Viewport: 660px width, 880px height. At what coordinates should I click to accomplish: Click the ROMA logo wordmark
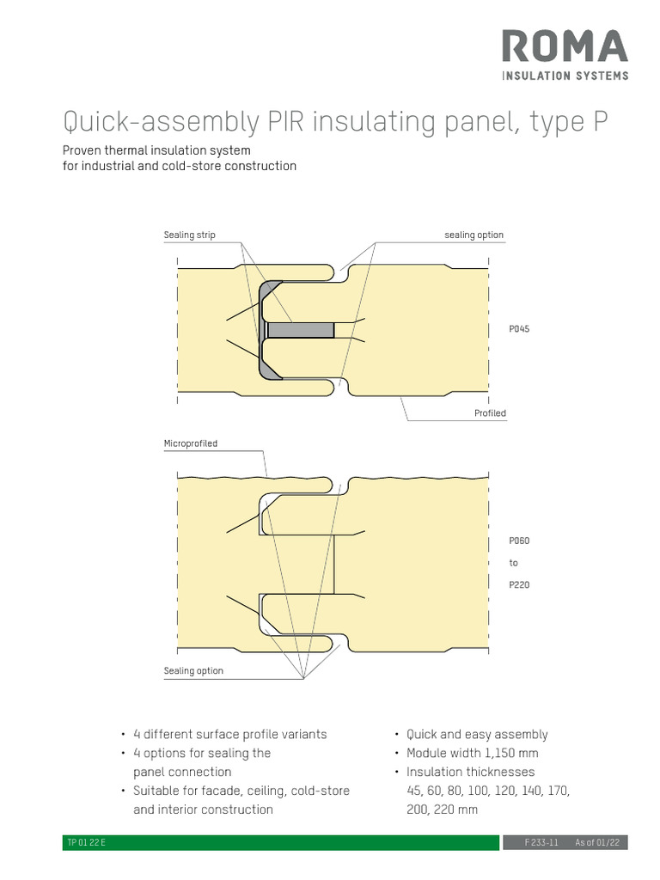point(564,47)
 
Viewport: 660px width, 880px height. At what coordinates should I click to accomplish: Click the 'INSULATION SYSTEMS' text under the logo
point(564,76)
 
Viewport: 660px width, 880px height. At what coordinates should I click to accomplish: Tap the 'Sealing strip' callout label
point(189,235)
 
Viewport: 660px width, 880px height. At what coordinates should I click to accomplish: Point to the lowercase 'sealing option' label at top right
point(474,235)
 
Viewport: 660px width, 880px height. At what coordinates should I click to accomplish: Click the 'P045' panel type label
point(519,329)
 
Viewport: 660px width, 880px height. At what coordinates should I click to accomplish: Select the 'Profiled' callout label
point(490,413)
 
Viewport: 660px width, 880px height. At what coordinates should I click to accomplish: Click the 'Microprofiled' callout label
point(191,443)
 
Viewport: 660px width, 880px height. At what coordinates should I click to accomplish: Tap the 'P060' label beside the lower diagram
point(519,541)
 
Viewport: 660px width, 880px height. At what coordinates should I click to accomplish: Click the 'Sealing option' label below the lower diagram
point(193,670)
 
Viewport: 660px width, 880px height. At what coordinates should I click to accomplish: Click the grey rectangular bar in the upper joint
point(301,330)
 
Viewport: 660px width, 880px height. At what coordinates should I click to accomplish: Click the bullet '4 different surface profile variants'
point(229,734)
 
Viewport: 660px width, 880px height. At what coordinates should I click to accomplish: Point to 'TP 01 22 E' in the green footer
point(85,843)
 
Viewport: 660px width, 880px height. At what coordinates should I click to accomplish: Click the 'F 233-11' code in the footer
point(541,843)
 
